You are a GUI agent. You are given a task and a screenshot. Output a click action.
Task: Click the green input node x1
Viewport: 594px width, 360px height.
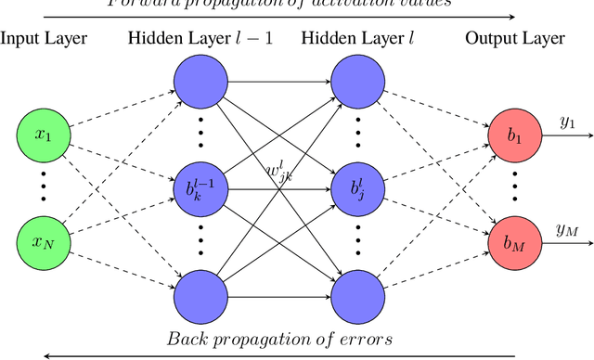click(x=43, y=135)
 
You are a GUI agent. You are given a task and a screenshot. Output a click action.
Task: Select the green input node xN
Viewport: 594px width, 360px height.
click(x=43, y=242)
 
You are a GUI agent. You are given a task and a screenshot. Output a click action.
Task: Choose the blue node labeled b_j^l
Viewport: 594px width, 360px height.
click(x=358, y=189)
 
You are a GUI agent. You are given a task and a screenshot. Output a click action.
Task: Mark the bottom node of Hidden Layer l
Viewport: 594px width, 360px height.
click(x=358, y=295)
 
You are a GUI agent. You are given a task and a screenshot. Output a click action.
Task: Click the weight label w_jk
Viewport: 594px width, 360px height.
click(x=279, y=173)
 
